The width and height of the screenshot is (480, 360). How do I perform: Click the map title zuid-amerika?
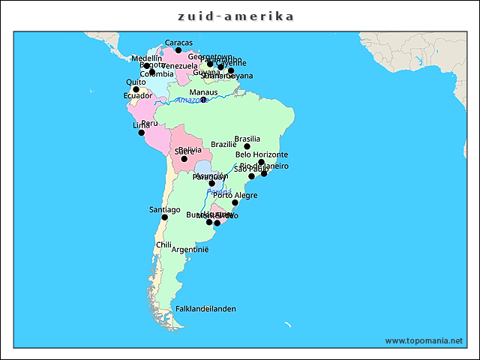pos(235,16)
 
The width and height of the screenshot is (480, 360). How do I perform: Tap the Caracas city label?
pos(178,43)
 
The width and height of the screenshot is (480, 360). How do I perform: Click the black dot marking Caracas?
pos(178,50)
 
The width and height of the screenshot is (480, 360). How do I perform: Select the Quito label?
pos(136,82)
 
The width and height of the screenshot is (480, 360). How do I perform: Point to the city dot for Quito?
pos(136,89)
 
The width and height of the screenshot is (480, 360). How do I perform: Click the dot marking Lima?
pos(141,133)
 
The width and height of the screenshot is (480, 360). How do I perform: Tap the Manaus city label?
pos(203,92)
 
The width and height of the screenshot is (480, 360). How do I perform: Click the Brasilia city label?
pos(247,139)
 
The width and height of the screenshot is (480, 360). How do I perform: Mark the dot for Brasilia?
pos(247,146)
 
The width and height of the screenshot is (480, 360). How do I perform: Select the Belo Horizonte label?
pos(262,154)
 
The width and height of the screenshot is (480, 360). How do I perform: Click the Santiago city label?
pos(165,209)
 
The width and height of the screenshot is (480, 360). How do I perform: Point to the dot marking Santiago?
pos(165,217)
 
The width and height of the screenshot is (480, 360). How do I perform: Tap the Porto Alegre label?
pos(235,195)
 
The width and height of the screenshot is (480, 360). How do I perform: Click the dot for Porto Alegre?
pos(235,202)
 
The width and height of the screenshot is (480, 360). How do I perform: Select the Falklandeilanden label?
pos(205,308)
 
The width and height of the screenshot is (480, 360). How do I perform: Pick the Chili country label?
pos(163,244)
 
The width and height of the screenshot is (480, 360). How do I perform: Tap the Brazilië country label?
pos(223,144)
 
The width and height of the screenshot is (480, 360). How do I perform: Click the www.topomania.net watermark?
pos(424,340)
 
